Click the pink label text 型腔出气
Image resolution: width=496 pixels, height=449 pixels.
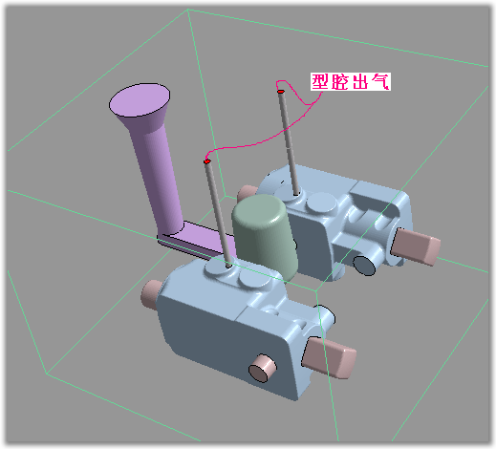pyautogui.click(x=351, y=83)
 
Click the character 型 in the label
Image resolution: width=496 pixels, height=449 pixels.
pyautogui.click(x=321, y=83)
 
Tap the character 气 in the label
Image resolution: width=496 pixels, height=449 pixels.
pyautogui.click(x=380, y=83)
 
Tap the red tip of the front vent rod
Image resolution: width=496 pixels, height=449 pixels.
pyautogui.click(x=206, y=160)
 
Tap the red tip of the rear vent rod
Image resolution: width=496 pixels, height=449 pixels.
pyautogui.click(x=280, y=92)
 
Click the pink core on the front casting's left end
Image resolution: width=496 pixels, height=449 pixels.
pyautogui.click(x=153, y=289)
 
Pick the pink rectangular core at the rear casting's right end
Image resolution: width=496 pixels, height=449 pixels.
pyautogui.click(x=417, y=246)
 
